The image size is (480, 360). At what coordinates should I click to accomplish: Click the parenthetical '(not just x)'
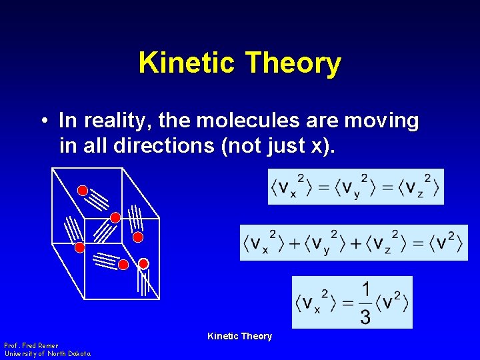tap(283, 145)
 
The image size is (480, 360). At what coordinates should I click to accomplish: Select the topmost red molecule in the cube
tap(83, 191)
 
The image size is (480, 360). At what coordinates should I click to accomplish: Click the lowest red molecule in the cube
tap(123, 265)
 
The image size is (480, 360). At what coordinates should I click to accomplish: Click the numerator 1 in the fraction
tap(365, 290)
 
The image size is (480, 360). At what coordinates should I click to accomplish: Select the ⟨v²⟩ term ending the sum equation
tap(442, 243)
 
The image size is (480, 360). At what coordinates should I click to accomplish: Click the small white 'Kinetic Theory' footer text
tap(239, 336)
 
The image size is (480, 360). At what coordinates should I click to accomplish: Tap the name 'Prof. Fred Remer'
tap(31, 345)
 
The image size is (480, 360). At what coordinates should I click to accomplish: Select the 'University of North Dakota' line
tap(47, 353)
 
